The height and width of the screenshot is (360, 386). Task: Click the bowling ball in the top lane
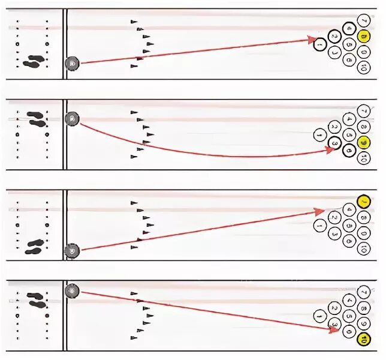(73, 62)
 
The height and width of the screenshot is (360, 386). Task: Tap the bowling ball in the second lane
(73, 119)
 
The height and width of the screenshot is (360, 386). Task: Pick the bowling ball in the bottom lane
(73, 290)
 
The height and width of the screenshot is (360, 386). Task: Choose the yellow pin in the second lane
(362, 143)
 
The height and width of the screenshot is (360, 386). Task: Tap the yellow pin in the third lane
(362, 201)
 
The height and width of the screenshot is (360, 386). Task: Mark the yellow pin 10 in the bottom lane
(362, 340)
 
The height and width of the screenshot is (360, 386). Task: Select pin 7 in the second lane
(362, 111)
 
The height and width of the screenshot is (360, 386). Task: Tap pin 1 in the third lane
(319, 225)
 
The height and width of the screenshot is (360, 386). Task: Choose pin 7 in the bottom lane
(362, 292)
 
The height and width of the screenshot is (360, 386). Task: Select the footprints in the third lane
(35, 246)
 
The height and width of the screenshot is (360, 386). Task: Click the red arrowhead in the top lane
(312, 40)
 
